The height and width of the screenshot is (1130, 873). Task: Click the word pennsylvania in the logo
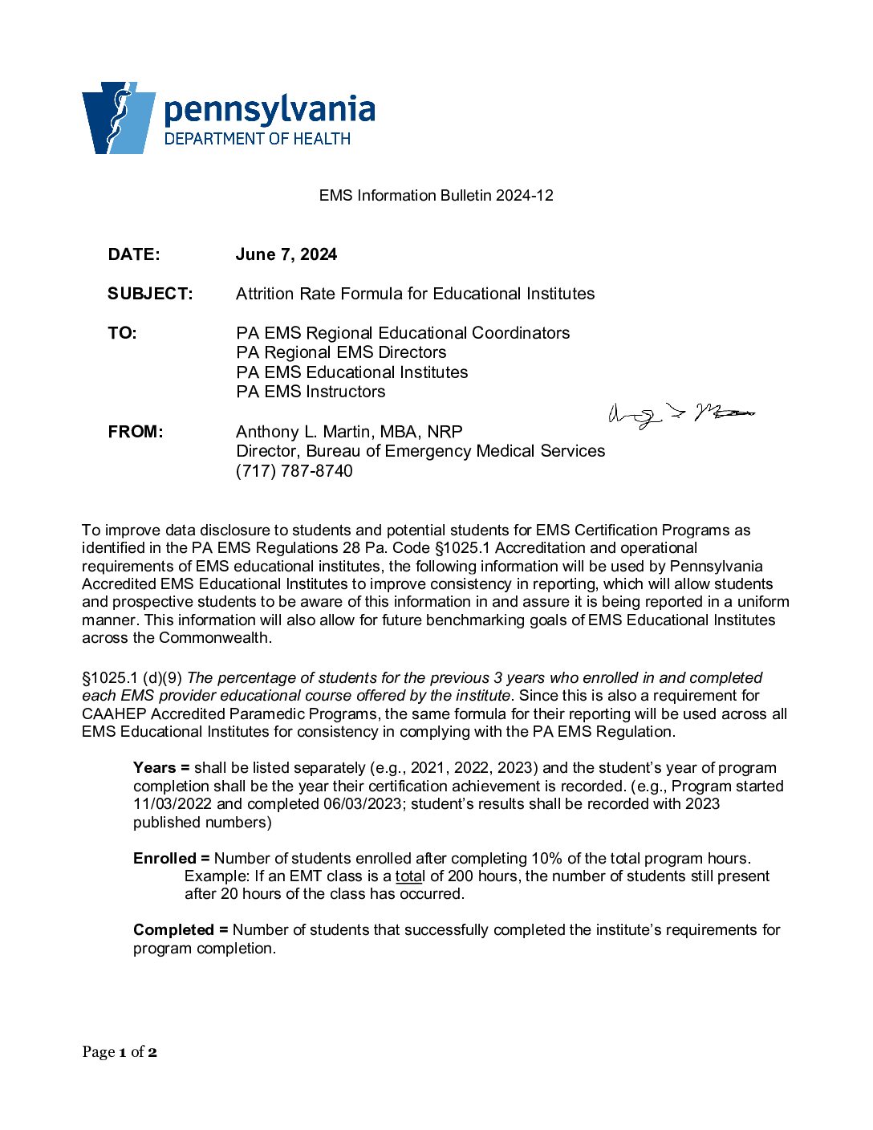tap(270, 110)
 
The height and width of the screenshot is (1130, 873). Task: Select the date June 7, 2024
tap(286, 254)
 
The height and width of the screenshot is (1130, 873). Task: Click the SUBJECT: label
tap(150, 294)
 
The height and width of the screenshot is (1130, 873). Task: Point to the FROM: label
tap(136, 432)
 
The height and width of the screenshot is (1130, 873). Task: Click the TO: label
tap(123, 333)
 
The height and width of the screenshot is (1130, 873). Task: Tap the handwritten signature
tap(681, 415)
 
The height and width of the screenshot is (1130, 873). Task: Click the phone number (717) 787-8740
tap(294, 471)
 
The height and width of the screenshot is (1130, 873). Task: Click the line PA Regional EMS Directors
tap(341, 352)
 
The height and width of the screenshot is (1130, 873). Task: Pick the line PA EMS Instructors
tap(311, 392)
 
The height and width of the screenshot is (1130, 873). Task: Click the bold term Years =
tap(161, 768)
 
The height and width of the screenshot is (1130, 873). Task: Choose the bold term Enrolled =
tap(171, 859)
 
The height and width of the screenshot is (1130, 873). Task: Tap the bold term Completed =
tap(181, 930)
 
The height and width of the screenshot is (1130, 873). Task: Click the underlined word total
tap(409, 876)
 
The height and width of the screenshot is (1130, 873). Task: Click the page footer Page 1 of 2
tap(120, 1052)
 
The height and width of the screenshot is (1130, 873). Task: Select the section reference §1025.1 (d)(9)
tap(132, 678)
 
